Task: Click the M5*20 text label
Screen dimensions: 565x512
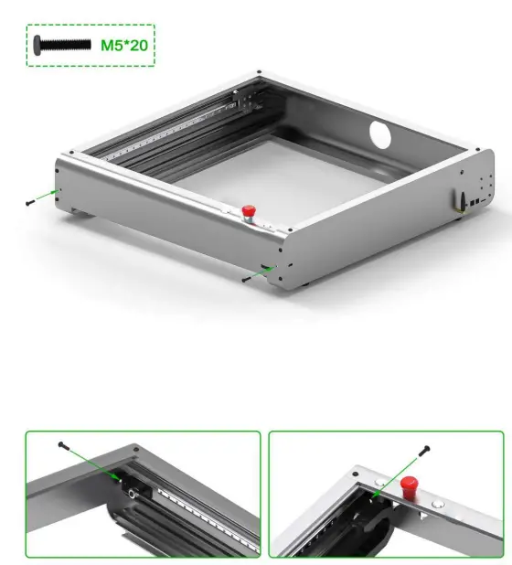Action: [125, 45]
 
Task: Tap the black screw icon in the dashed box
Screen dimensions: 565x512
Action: [61, 45]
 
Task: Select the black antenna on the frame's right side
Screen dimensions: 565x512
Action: [462, 197]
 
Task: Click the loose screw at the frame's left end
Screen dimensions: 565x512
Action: [31, 201]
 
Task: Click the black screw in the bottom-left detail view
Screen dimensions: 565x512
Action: [62, 445]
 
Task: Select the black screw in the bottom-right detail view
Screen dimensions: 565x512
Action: [425, 448]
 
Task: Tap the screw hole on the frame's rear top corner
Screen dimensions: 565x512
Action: [260, 72]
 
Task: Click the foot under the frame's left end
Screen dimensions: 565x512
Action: [83, 216]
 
